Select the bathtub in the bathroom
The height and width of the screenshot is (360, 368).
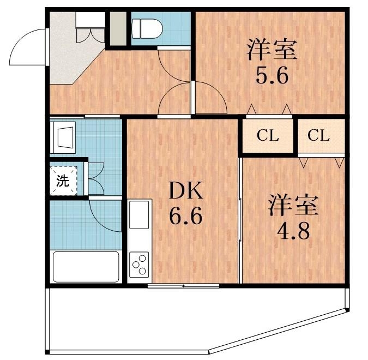tap(85, 266)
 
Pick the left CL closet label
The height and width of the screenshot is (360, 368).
tap(268, 136)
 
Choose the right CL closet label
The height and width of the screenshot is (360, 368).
tap(318, 136)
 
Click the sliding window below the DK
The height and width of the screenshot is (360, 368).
tap(184, 286)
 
